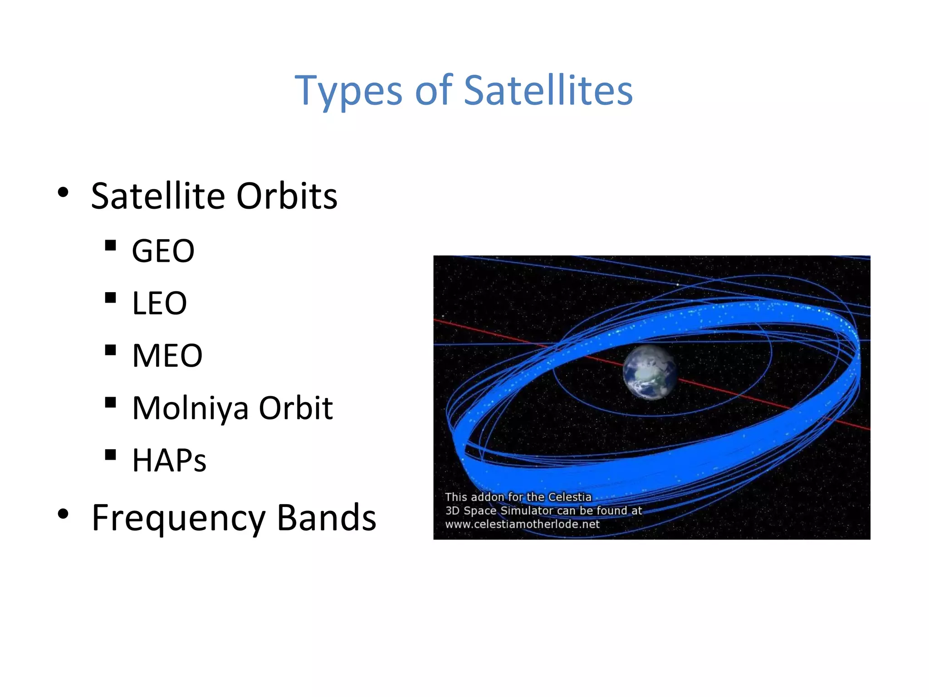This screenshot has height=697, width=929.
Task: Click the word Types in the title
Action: pos(348,91)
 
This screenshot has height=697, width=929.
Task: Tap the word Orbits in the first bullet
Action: pos(287,196)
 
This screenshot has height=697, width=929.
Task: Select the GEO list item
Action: pos(163,251)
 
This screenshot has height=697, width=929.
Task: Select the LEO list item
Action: pos(159,303)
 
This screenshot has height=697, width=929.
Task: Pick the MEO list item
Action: pos(167,355)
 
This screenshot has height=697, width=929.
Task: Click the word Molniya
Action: pos(191,408)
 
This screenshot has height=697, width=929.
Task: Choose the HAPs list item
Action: pos(169,460)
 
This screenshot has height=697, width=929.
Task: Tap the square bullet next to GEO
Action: pos(110,245)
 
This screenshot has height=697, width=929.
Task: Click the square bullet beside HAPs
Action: pos(110,455)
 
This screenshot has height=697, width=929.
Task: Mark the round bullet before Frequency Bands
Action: pos(64,514)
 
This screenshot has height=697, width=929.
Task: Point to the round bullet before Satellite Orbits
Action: pos(64,192)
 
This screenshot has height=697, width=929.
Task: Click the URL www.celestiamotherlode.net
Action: pos(522,525)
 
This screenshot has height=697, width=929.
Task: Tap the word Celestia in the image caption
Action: pos(570,497)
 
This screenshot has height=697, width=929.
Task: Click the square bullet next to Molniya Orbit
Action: pos(110,402)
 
